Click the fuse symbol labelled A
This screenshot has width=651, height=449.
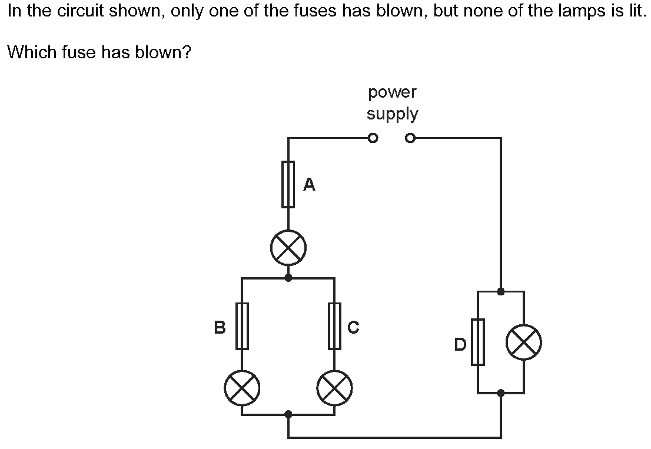pyautogui.click(x=288, y=185)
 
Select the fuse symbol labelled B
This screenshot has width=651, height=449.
pyautogui.click(x=242, y=325)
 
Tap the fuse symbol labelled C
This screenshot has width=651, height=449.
pyautogui.click(x=335, y=325)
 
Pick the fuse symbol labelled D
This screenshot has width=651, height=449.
pyautogui.click(x=477, y=341)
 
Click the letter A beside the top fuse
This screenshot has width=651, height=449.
pyautogui.click(x=309, y=185)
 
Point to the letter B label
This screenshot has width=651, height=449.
pyautogui.click(x=220, y=327)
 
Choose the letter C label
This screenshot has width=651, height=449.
pyautogui.click(x=353, y=327)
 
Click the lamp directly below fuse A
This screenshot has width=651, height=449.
pyautogui.click(x=288, y=248)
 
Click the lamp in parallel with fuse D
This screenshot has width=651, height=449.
pyautogui.click(x=523, y=342)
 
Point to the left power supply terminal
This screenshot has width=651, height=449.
pyautogui.click(x=371, y=139)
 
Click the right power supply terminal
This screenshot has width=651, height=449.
pyautogui.click(x=410, y=139)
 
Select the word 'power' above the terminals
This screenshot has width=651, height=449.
pyautogui.click(x=392, y=93)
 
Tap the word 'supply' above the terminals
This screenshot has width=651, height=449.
pyautogui.click(x=392, y=114)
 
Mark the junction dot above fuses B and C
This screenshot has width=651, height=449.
pyautogui.click(x=288, y=278)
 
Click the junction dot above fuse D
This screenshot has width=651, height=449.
pyautogui.click(x=500, y=291)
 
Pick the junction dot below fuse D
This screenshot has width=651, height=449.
pyautogui.click(x=500, y=393)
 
